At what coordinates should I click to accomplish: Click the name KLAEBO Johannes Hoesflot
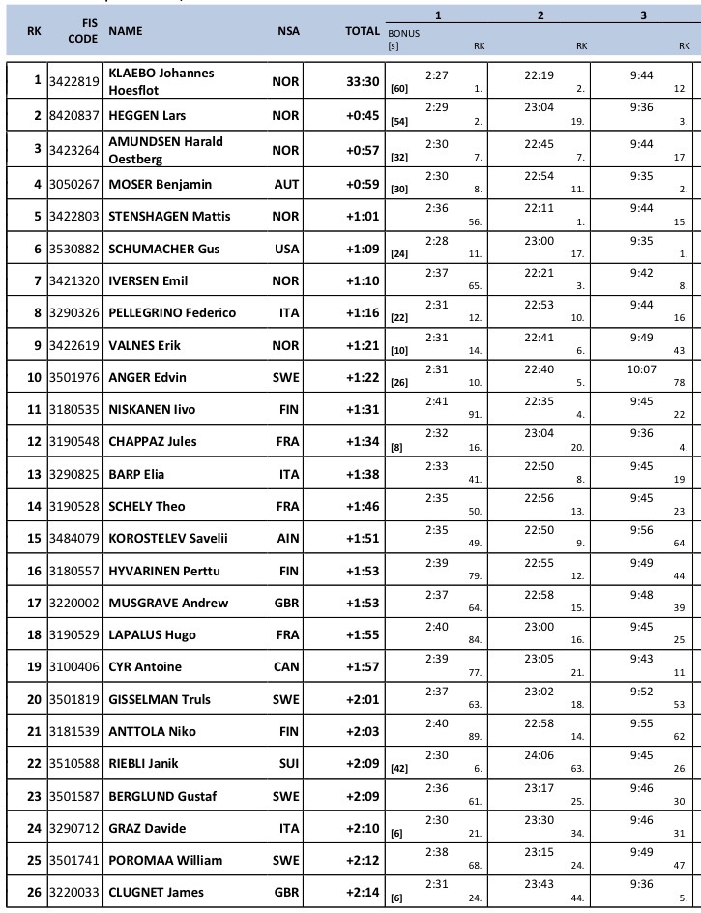pos(161,81)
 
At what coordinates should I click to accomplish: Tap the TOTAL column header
pos(363,31)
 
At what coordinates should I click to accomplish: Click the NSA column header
pos(288,31)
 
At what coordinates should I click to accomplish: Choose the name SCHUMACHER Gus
pos(164,249)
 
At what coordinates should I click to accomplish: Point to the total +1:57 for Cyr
pos(363,666)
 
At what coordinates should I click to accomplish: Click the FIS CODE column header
pos(83,31)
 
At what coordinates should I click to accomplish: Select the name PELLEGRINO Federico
pos(172,312)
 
